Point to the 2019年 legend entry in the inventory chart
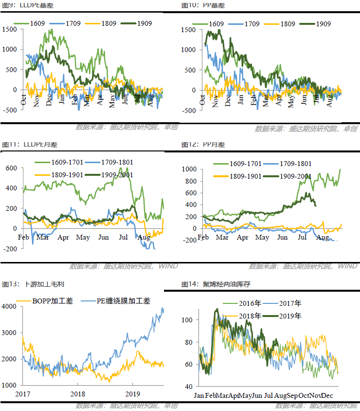(290, 316)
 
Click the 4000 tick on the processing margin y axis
(9, 306)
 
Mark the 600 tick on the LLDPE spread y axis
(11, 168)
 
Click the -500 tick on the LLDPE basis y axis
(10, 110)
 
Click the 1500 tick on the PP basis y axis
(188, 30)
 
